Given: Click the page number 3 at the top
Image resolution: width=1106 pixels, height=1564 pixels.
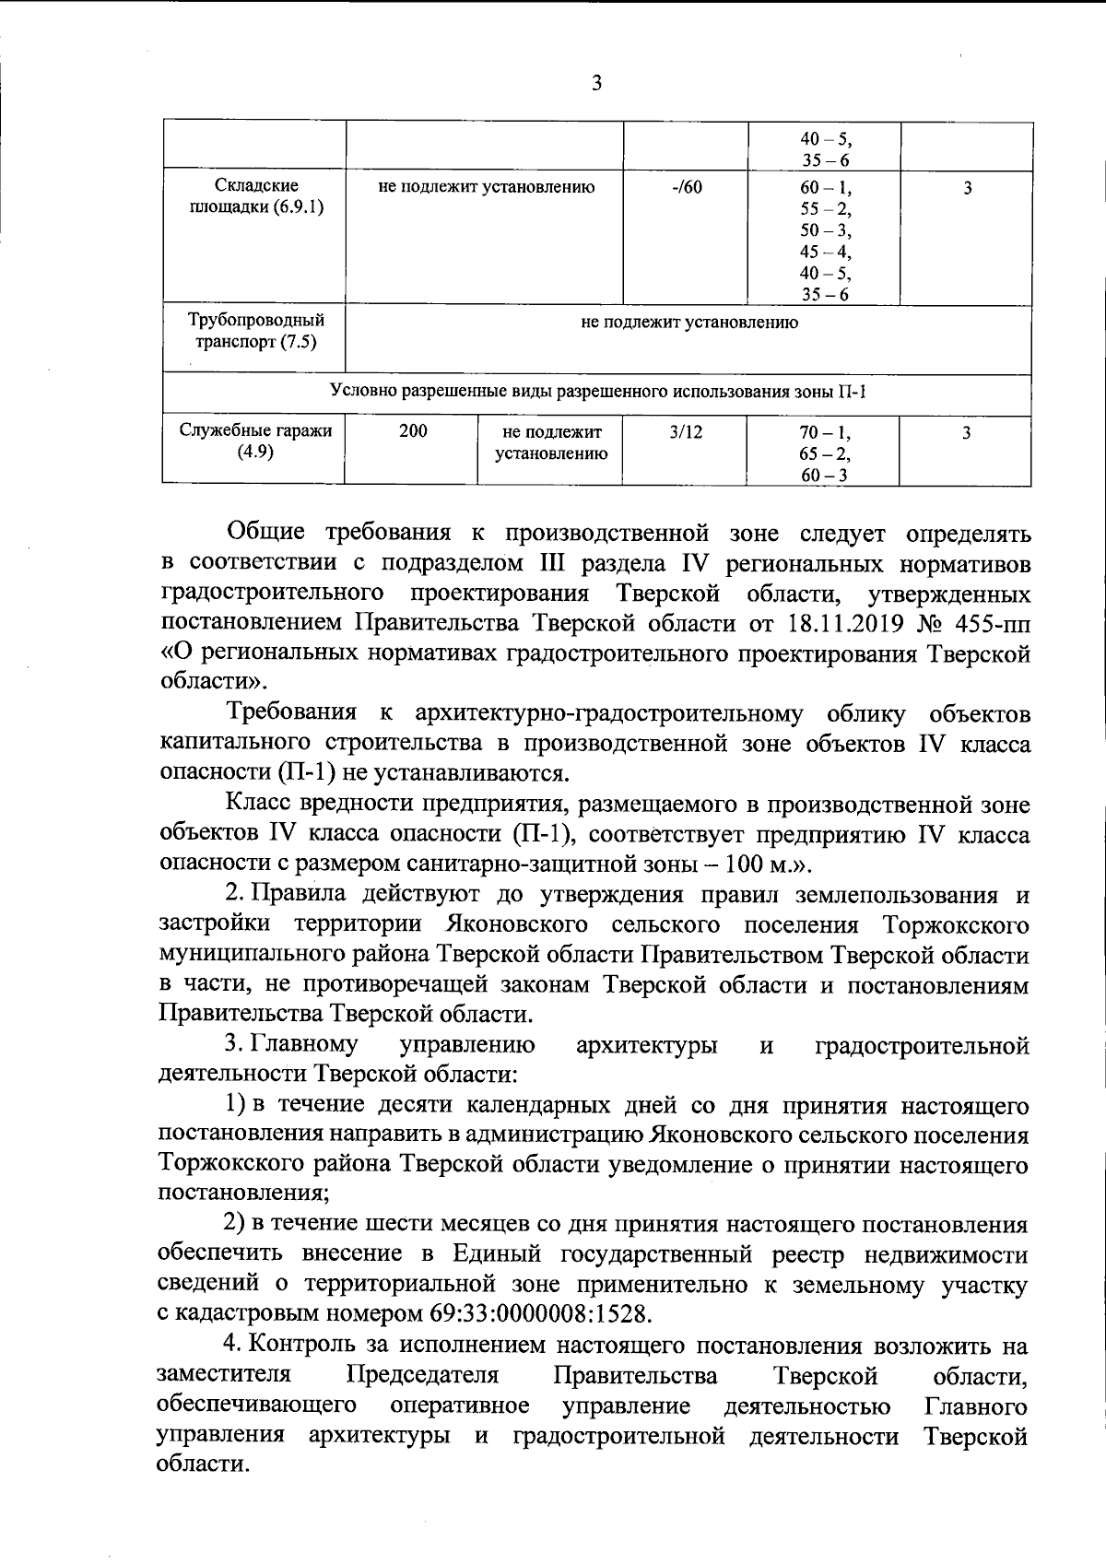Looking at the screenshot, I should coord(596,84).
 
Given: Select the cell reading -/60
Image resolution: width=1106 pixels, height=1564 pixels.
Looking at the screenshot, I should coord(687,188).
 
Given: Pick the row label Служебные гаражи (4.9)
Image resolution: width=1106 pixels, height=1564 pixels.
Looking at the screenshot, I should coord(255,441).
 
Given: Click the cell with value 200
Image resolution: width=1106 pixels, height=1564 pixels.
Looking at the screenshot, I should coord(412,431).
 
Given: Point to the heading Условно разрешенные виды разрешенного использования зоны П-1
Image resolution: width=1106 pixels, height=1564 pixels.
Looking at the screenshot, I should coord(597,392).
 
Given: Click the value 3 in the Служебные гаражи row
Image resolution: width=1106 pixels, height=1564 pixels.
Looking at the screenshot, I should coord(966,431).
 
